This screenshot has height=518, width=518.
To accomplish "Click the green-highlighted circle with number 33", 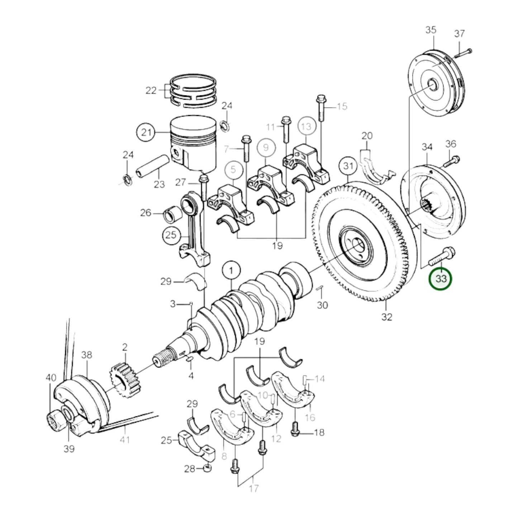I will pyautogui.click(x=441, y=279).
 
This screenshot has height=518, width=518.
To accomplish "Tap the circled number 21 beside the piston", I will pyautogui.click(x=146, y=133).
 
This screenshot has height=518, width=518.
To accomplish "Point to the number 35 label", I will pyautogui.click(x=431, y=30).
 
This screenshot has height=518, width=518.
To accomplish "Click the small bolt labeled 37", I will pyautogui.click(x=463, y=53).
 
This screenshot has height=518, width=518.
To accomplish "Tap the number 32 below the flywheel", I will pyautogui.click(x=387, y=317).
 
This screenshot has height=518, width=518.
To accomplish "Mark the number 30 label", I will pyautogui.click(x=322, y=305).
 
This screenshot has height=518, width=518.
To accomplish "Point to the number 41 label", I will pyautogui.click(x=125, y=439).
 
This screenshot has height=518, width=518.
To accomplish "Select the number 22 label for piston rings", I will pyautogui.click(x=151, y=91).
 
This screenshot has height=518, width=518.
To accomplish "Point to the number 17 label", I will pyautogui.click(x=253, y=488).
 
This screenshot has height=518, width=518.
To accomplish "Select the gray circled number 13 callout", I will pyautogui.click(x=306, y=127).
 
